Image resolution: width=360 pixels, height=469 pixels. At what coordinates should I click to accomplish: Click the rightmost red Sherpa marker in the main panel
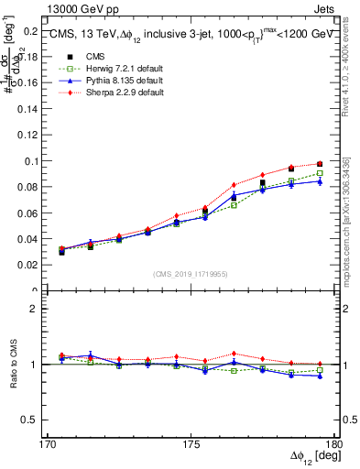pos(320,164)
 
